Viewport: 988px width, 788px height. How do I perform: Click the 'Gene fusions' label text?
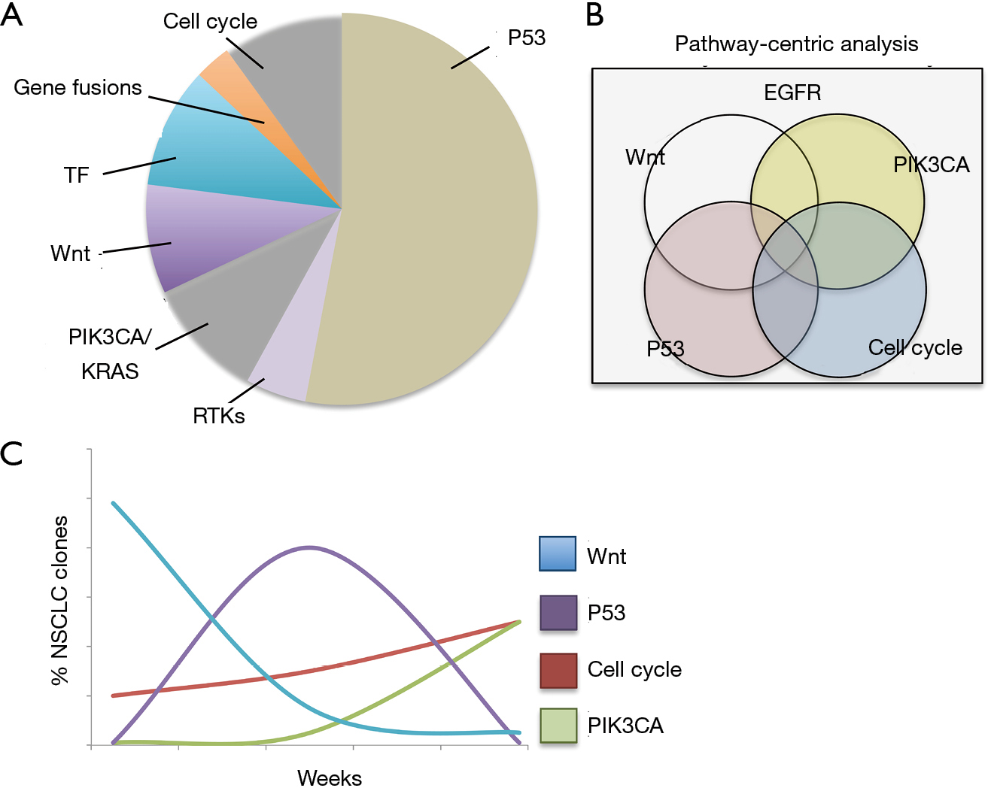pyautogui.click(x=78, y=88)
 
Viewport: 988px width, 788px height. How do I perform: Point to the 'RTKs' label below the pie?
pyautogui.click(x=218, y=417)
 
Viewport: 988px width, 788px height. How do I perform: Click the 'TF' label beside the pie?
pyautogui.click(x=76, y=175)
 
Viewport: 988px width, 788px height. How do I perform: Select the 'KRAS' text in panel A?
pyautogui.click(x=110, y=371)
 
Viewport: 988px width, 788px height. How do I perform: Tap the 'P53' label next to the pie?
pyautogui.click(x=527, y=38)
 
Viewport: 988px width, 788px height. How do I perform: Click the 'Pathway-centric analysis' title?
pyautogui.click(x=796, y=44)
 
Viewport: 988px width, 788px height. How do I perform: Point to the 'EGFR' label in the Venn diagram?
pyautogui.click(x=792, y=92)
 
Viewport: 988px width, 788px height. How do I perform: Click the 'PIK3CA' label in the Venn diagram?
pyautogui.click(x=931, y=165)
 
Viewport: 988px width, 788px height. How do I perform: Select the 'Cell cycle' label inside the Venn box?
pyautogui.click(x=915, y=348)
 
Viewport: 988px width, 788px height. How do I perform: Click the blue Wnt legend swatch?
pyautogui.click(x=558, y=553)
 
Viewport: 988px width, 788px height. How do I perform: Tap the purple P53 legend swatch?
pyautogui.click(x=558, y=612)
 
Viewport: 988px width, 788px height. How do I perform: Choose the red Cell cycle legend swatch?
pyautogui.click(x=558, y=671)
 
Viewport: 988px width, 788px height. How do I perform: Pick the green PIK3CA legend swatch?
pyautogui.click(x=558, y=726)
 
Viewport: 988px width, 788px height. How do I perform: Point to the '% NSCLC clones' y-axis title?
pyautogui.click(x=59, y=601)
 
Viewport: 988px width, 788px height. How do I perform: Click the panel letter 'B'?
pyautogui.click(x=595, y=15)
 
